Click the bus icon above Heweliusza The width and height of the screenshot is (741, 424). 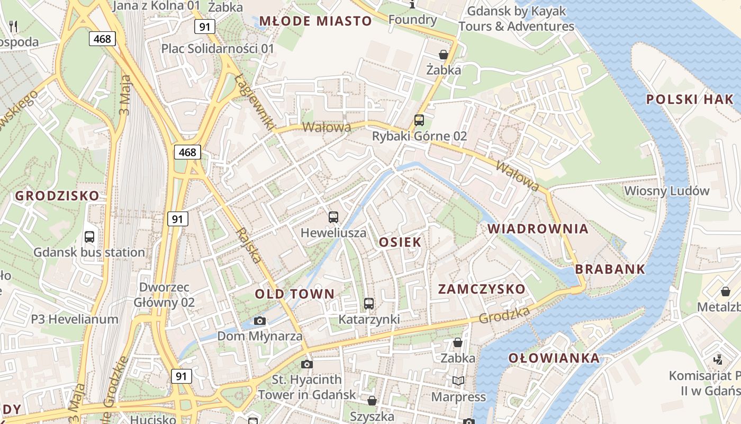point(333,217)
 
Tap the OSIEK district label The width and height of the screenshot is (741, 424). point(400,242)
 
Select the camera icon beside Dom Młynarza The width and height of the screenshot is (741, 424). point(259,321)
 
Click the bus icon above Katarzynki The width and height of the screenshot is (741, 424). point(369,304)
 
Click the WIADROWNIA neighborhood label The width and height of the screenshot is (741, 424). point(538,229)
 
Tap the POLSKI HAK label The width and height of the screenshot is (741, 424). point(690,99)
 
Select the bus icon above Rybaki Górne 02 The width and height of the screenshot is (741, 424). point(419,120)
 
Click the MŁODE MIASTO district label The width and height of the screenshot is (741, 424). point(315,21)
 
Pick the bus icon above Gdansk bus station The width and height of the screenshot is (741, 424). point(89,236)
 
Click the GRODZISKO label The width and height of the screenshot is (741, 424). point(57,196)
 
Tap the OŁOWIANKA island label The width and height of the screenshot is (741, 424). point(554,358)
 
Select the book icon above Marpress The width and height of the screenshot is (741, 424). point(458,381)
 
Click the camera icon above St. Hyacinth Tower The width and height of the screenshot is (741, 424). point(306,364)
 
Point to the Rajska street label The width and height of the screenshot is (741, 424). point(249,245)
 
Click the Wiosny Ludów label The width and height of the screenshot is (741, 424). point(666,191)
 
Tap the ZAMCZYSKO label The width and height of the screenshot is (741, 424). point(482,289)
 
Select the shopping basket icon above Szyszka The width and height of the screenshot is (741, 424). point(372,401)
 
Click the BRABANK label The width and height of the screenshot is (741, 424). point(610,269)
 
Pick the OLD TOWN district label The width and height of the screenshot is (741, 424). point(295,294)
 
